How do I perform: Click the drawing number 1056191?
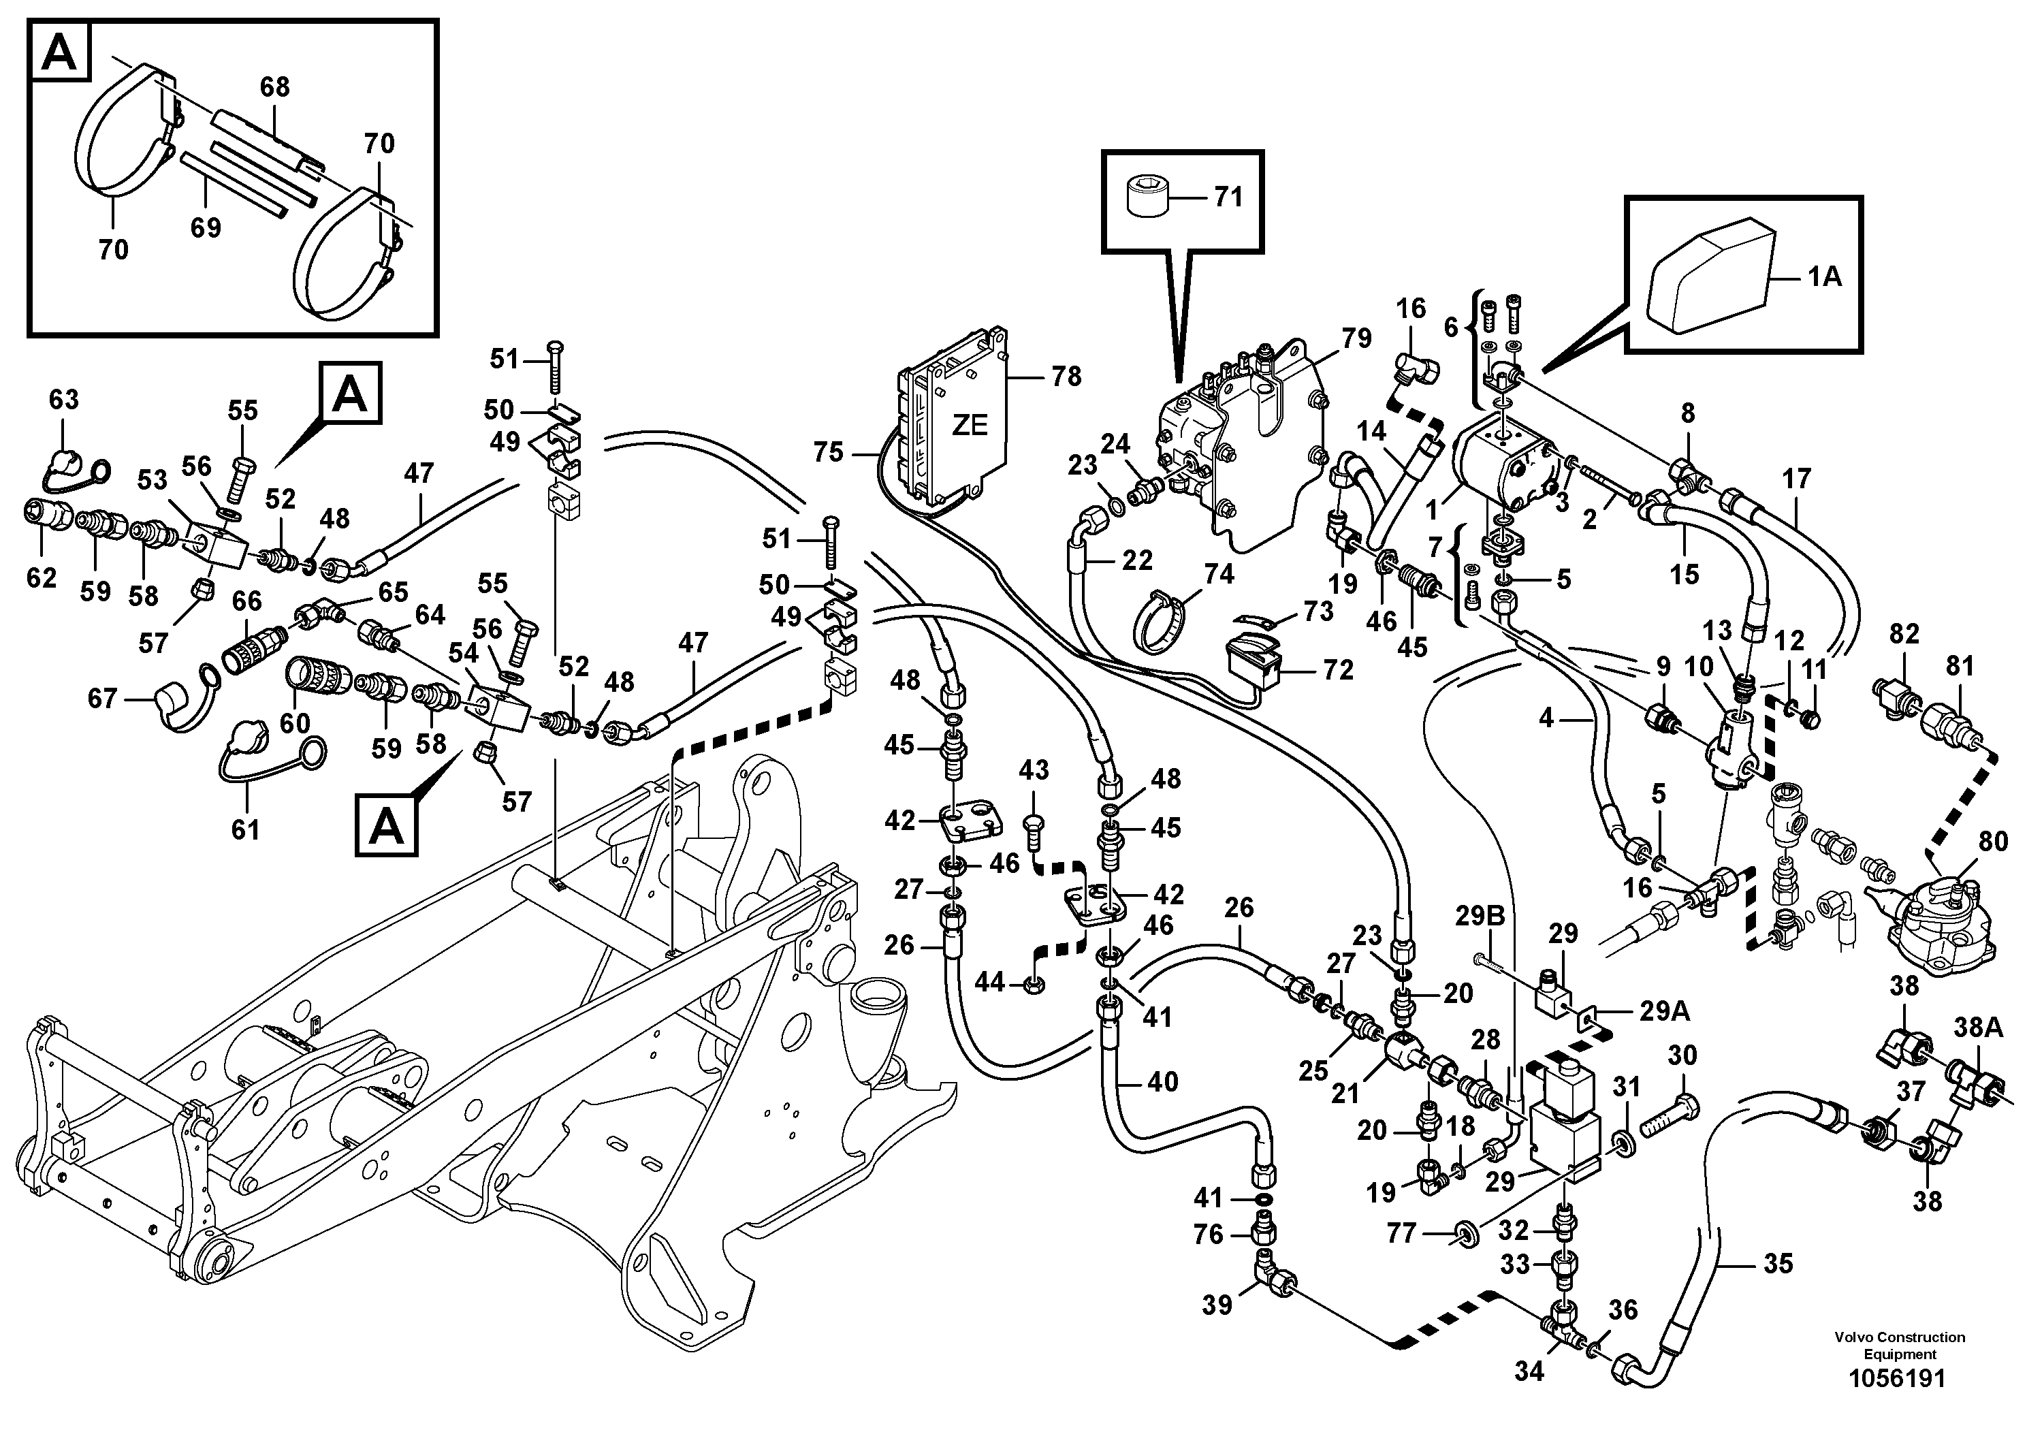coord(1899,1378)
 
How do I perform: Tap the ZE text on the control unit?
coord(970,426)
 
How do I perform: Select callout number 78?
coord(1066,377)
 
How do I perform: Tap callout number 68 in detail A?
coord(274,87)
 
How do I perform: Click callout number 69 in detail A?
coord(206,228)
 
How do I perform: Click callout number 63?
coord(63,399)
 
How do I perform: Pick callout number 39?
coord(1217,1305)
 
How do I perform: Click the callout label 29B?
coord(1480,917)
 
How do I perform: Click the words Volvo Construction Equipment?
coord(1899,1346)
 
